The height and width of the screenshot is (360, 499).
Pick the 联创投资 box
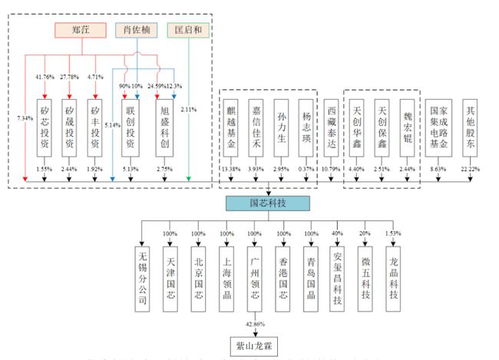[128, 128]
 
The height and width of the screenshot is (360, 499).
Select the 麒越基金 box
[230, 128]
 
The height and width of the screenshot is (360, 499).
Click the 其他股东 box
[473, 128]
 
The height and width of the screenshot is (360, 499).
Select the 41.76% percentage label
[44, 77]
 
